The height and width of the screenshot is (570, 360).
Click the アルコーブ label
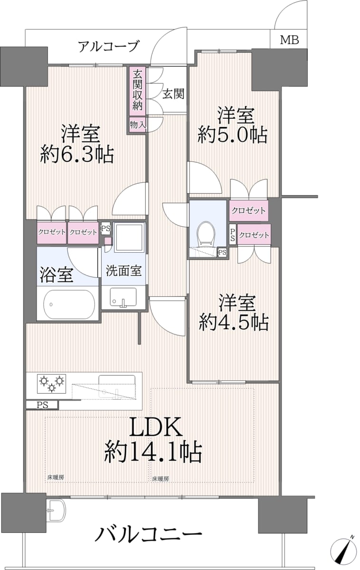tap(108, 47)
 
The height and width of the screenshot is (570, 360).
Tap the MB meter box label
tap(289, 40)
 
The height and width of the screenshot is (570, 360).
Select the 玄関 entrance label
tap(173, 95)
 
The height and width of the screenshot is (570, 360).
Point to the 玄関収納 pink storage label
tap(137, 91)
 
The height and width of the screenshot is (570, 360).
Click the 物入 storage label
tap(138, 124)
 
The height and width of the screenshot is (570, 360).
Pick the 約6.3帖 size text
tap(77, 155)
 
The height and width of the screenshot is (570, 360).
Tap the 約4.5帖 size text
tap(234, 323)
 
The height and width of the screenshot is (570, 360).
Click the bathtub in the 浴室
tap(69, 304)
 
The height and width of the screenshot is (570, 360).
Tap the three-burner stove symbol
tap(52, 383)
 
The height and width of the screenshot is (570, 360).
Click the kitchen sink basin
tap(117, 387)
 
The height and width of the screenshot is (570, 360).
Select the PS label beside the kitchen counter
tap(42, 405)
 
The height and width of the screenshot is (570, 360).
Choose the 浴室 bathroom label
tap(57, 275)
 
